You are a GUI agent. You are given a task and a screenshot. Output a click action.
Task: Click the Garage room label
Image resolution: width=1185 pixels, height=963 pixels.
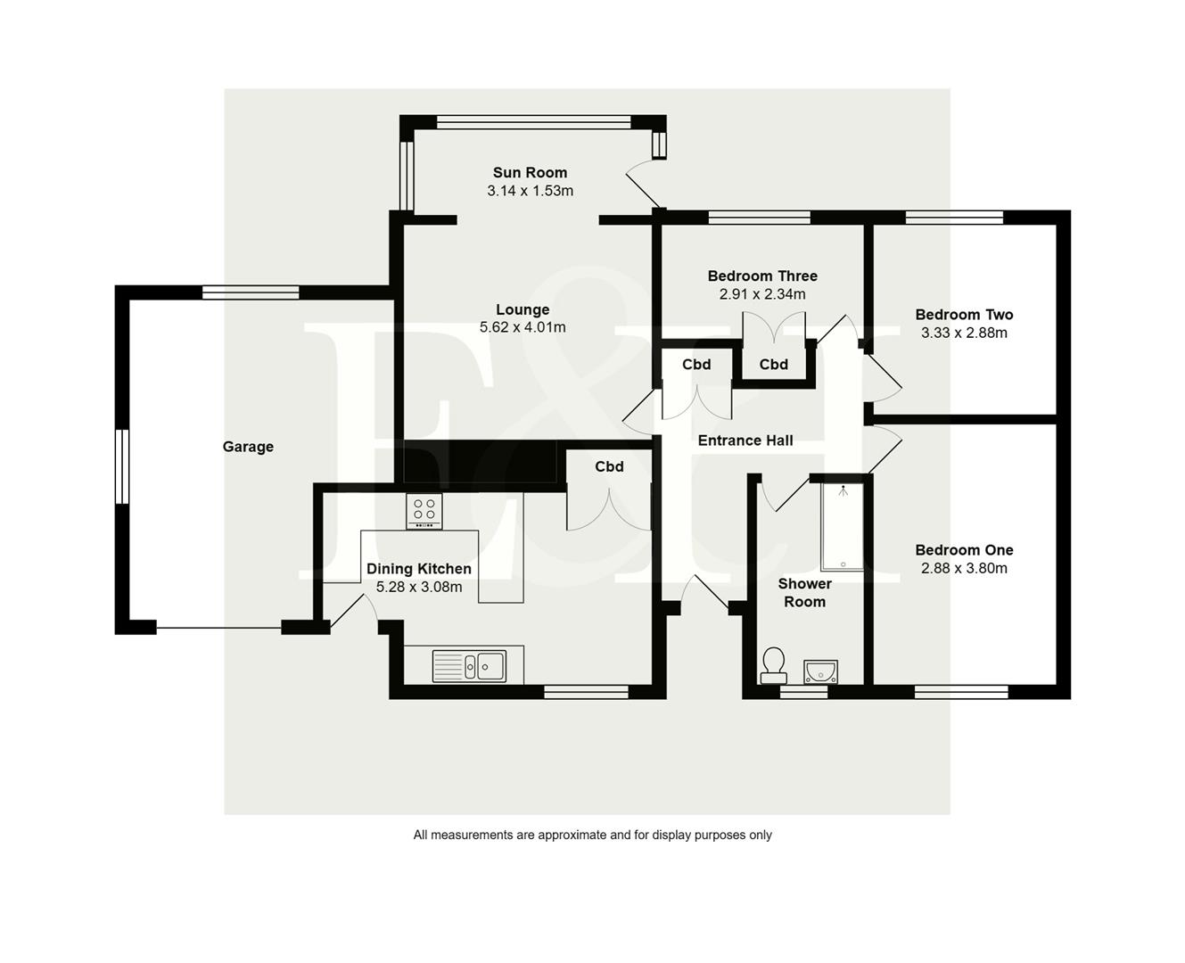click(x=248, y=447)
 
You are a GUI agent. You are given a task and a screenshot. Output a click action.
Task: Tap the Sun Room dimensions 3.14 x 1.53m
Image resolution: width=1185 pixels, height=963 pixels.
click(x=530, y=191)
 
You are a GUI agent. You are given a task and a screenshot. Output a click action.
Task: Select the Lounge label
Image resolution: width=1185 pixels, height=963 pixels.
click(x=523, y=309)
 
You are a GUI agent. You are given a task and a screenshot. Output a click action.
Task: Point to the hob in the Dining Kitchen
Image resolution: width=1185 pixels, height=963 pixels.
click(x=424, y=510)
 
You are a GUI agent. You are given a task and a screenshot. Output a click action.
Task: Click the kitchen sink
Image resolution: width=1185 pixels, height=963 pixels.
click(x=469, y=665)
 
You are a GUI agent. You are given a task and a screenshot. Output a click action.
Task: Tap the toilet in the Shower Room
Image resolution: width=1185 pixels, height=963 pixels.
click(x=773, y=664)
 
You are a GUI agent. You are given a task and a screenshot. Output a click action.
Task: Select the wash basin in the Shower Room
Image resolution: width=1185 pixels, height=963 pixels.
click(x=819, y=670)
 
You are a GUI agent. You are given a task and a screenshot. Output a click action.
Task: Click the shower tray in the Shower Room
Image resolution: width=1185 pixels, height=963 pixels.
click(x=842, y=526)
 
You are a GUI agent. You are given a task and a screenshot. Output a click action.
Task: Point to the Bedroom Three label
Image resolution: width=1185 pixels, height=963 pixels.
click(x=762, y=276)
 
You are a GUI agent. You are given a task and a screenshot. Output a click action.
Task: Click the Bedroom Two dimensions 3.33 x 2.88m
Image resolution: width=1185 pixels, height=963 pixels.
click(x=964, y=333)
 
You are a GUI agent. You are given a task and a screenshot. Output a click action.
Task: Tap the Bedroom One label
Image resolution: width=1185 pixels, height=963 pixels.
click(x=964, y=550)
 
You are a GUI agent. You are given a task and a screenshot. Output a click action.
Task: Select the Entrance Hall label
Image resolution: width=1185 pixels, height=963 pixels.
click(x=745, y=440)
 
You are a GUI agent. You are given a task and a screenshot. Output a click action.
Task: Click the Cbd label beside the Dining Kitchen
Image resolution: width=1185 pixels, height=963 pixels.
click(x=609, y=466)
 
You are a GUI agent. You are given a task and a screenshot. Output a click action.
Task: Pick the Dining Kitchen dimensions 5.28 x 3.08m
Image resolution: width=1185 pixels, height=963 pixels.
click(x=419, y=587)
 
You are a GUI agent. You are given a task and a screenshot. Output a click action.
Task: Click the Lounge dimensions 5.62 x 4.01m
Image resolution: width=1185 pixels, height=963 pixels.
click(x=523, y=327)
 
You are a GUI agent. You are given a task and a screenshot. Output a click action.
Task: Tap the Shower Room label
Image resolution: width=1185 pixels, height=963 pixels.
click(x=804, y=592)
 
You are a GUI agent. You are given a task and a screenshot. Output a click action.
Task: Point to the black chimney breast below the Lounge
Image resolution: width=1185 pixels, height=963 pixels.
click(x=484, y=464)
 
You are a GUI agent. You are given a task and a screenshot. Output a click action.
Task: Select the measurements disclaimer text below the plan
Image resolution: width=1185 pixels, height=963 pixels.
click(x=592, y=835)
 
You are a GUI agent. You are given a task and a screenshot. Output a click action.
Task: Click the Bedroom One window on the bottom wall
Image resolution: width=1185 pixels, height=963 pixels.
click(x=961, y=691)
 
